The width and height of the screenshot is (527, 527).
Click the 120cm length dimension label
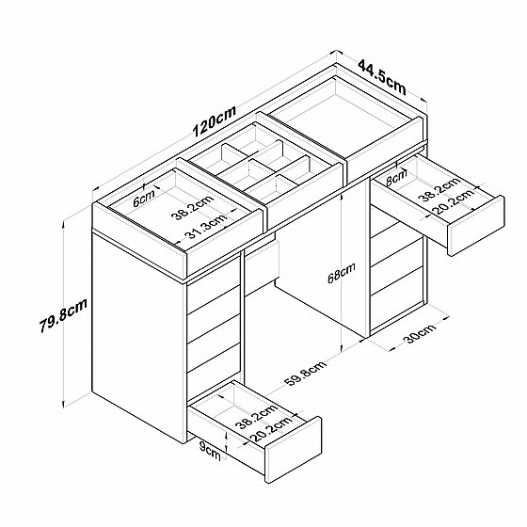click(216, 121)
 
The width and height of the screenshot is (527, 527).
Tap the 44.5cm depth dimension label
click(382, 77)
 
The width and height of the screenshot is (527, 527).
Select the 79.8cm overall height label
click(64, 315)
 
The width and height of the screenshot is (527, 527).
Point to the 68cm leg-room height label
click(342, 273)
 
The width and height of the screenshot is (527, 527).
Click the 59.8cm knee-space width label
click(305, 373)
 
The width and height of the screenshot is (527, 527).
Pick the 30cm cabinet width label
click(421, 333)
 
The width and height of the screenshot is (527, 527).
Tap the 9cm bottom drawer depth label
click(210, 451)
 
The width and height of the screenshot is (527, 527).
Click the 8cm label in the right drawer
click(396, 178)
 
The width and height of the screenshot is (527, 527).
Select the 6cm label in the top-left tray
click(144, 199)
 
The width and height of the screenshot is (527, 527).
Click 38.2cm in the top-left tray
click(193, 207)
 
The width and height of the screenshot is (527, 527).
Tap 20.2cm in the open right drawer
click(454, 202)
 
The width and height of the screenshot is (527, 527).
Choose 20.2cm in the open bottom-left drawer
click(271, 429)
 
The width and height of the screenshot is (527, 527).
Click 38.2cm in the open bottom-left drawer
click(256, 416)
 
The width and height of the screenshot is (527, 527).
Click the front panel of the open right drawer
click(476, 226)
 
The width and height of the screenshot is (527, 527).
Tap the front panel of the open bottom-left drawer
click(293, 450)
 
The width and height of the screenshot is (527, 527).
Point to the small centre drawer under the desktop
click(262, 269)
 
